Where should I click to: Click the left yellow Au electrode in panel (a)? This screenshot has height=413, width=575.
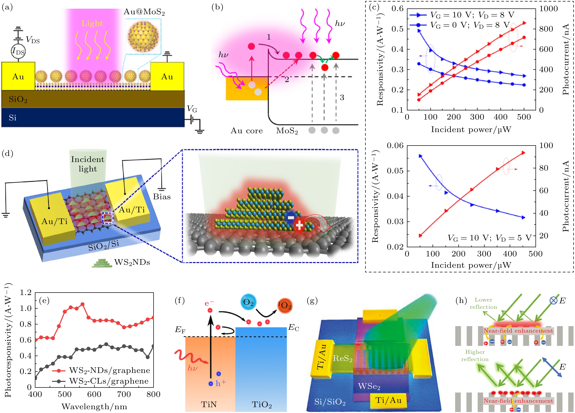[x=18, y=76]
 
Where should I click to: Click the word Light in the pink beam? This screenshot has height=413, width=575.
[x=92, y=23]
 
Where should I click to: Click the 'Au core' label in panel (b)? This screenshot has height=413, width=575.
[x=246, y=131]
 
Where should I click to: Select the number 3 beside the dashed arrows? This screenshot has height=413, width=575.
[x=342, y=97]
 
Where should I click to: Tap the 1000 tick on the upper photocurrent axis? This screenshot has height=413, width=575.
[x=548, y=9]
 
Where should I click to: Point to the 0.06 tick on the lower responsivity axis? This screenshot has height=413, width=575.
[x=395, y=146]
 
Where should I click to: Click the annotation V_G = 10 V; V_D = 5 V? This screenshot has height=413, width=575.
[x=489, y=238]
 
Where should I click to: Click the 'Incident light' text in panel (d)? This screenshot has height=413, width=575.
[x=87, y=164]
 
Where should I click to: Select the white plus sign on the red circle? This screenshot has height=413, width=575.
[x=299, y=225]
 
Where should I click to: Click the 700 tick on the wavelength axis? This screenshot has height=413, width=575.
[x=124, y=394]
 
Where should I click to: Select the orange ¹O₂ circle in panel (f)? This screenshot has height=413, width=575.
[x=284, y=306]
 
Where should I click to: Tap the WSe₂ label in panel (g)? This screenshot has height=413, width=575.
[x=369, y=386]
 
